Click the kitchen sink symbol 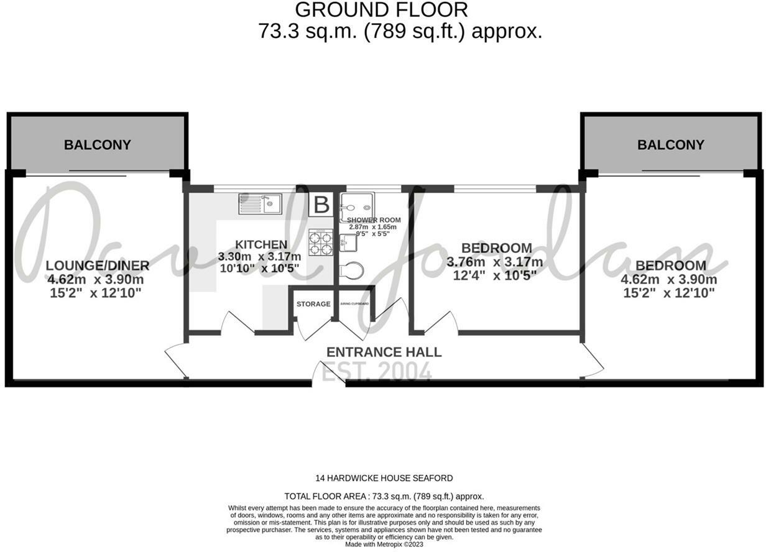(x=261, y=203)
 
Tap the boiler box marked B (x=321, y=205)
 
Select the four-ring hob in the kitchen (x=321, y=242)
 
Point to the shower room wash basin (x=348, y=242)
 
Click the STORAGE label (x=313, y=304)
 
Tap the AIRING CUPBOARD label (x=354, y=304)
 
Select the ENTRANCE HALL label (x=384, y=352)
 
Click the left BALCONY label (x=98, y=145)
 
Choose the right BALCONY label (x=670, y=145)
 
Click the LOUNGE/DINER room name (x=98, y=266)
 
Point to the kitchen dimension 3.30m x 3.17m (x=259, y=256)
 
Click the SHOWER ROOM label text (x=374, y=220)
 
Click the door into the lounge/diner (x=176, y=361)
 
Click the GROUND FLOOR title (x=381, y=10)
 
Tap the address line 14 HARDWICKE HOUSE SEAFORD (x=384, y=478)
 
